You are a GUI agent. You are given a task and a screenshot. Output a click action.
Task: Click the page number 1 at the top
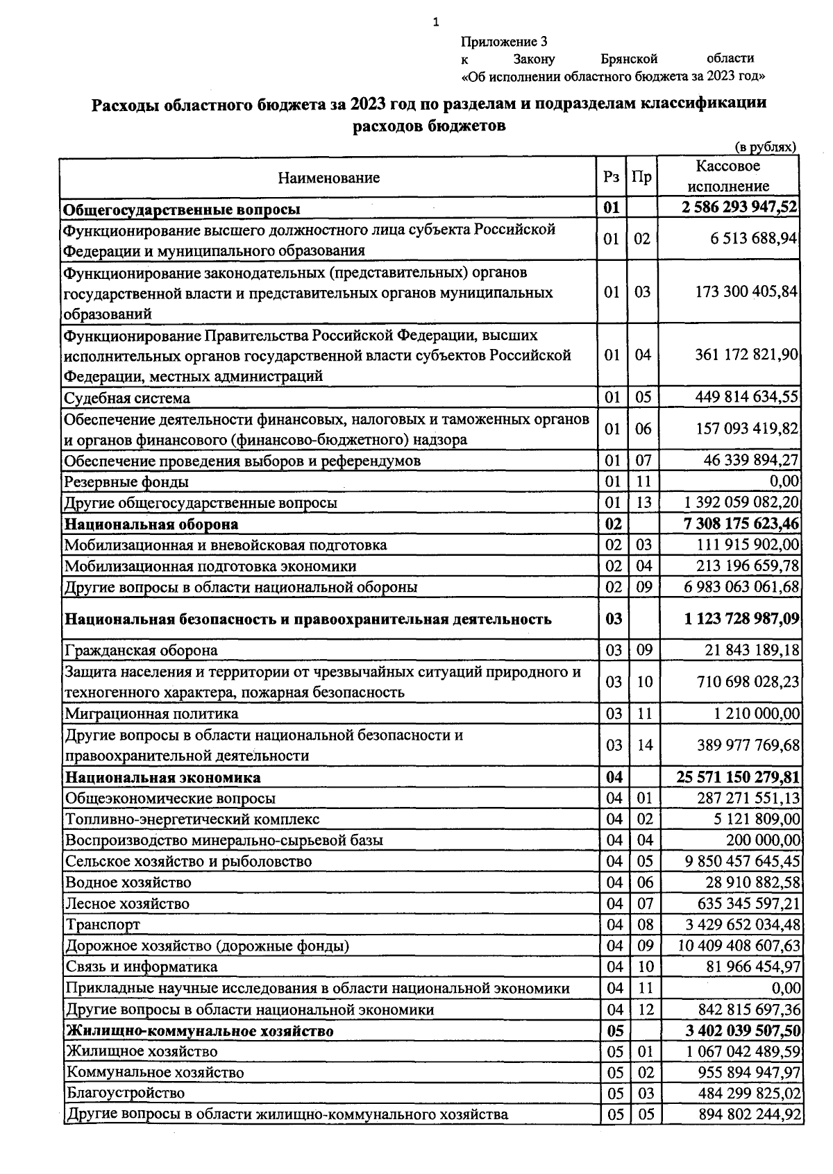[x=436, y=23]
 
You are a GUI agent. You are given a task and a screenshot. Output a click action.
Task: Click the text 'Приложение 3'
[x=504, y=42]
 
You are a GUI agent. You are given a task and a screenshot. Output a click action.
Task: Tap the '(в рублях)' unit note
[x=765, y=147]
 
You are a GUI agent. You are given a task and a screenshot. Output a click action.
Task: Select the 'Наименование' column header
[x=329, y=178]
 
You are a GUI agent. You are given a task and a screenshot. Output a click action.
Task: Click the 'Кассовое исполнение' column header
[x=728, y=176]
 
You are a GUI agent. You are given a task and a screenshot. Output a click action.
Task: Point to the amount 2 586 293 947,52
[x=739, y=208]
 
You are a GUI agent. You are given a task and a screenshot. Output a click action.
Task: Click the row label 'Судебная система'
[x=127, y=398]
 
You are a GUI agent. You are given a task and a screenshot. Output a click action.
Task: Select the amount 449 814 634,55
[x=747, y=397]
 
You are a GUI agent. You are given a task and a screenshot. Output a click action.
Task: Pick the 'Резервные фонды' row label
[x=126, y=482]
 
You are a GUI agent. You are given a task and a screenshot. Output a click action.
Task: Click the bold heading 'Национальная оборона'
[x=151, y=524]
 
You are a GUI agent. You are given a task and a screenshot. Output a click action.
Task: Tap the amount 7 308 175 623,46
[x=741, y=524]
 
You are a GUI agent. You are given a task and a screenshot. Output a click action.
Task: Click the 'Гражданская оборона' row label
[x=141, y=650]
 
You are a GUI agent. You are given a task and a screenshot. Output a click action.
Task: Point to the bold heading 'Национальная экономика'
[x=163, y=777]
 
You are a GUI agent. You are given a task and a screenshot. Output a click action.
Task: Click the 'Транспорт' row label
[x=103, y=925]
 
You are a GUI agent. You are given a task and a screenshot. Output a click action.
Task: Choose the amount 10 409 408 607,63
[x=739, y=946]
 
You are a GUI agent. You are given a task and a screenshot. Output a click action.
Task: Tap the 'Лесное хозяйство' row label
[x=127, y=903]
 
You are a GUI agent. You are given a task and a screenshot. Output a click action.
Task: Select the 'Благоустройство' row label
[x=126, y=1093]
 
